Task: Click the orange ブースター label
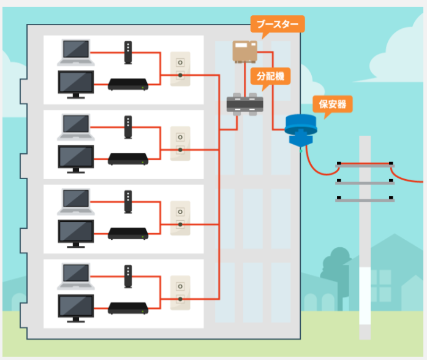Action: pos(277,25)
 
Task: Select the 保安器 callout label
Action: pos(333,105)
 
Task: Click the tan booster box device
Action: pos(246,51)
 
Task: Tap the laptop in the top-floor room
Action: pos(75,52)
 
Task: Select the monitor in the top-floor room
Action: pos(75,84)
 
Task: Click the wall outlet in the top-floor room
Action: pos(180,69)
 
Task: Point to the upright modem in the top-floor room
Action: pos(127,53)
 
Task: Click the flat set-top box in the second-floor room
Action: pos(128,158)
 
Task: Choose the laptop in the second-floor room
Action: pos(75,126)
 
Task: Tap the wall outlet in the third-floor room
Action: pos(180,218)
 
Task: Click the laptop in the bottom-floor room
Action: pos(75,275)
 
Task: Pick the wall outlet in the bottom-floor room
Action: pos(180,292)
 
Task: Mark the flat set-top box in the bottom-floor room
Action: pos(128,307)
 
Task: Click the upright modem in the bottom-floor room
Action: pos(127,277)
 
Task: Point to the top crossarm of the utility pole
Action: pos(365,164)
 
